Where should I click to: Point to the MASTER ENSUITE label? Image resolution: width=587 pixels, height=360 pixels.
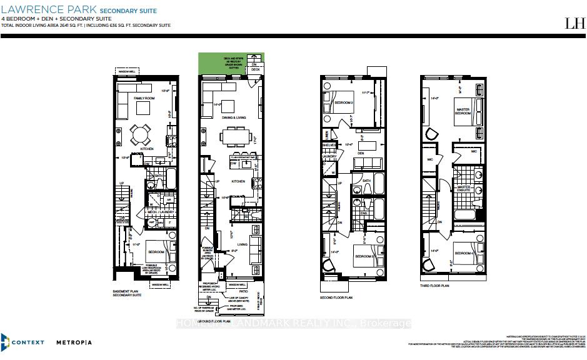tap(464, 189)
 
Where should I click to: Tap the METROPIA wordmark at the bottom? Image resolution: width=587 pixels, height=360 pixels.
tap(74, 342)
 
